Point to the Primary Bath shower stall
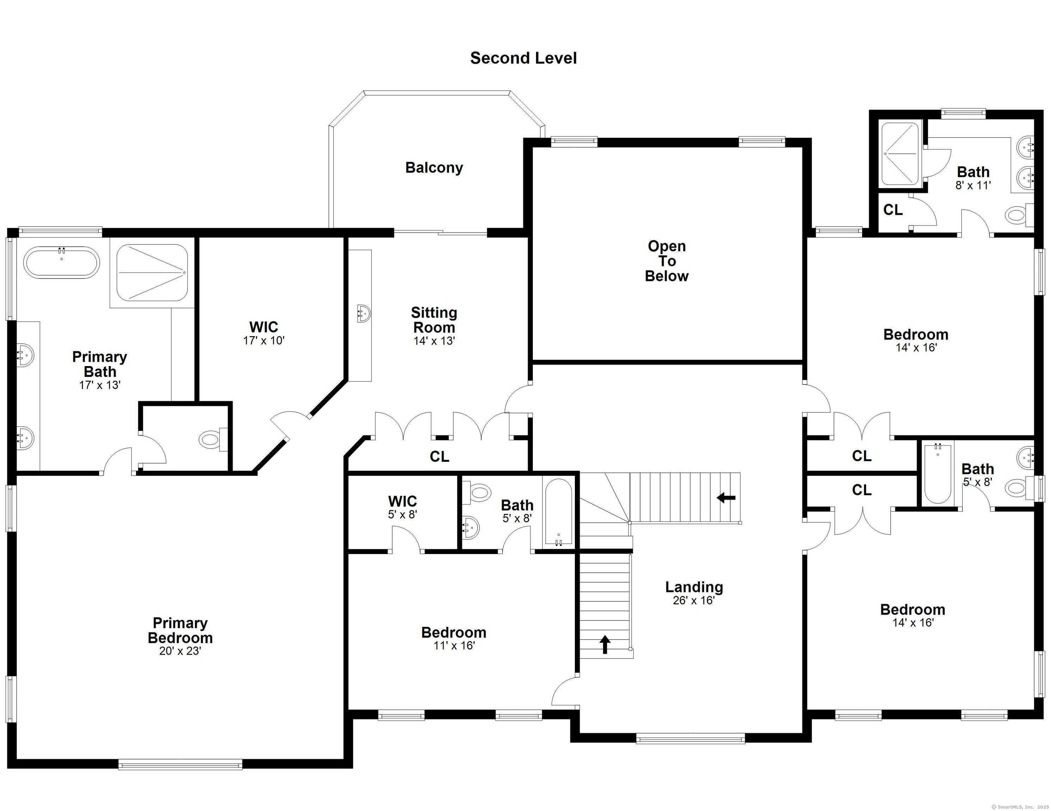coord(152,272)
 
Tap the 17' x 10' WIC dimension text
coord(264,341)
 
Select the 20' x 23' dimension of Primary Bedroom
coord(180,651)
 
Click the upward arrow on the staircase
coord(605,645)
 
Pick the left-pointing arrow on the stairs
coord(726,498)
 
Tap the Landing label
coord(694,587)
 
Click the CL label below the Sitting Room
coord(440,456)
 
